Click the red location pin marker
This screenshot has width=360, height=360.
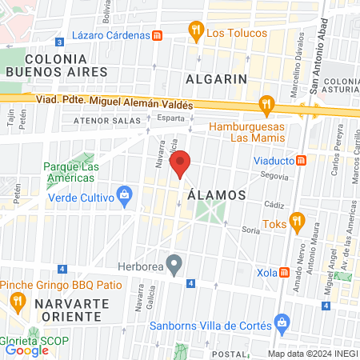[182, 162]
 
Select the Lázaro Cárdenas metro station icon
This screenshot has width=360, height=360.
[158, 35]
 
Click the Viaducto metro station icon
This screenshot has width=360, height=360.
[302, 159]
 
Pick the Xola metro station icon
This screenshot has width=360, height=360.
[286, 271]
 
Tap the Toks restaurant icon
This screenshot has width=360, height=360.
[297, 220]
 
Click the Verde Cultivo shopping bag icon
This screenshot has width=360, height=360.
[124, 194]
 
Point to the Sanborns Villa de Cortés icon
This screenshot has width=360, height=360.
[281, 322]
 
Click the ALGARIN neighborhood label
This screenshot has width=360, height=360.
[215, 78]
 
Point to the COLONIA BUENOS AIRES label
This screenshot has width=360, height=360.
[55, 66]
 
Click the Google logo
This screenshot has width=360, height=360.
[26, 350]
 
